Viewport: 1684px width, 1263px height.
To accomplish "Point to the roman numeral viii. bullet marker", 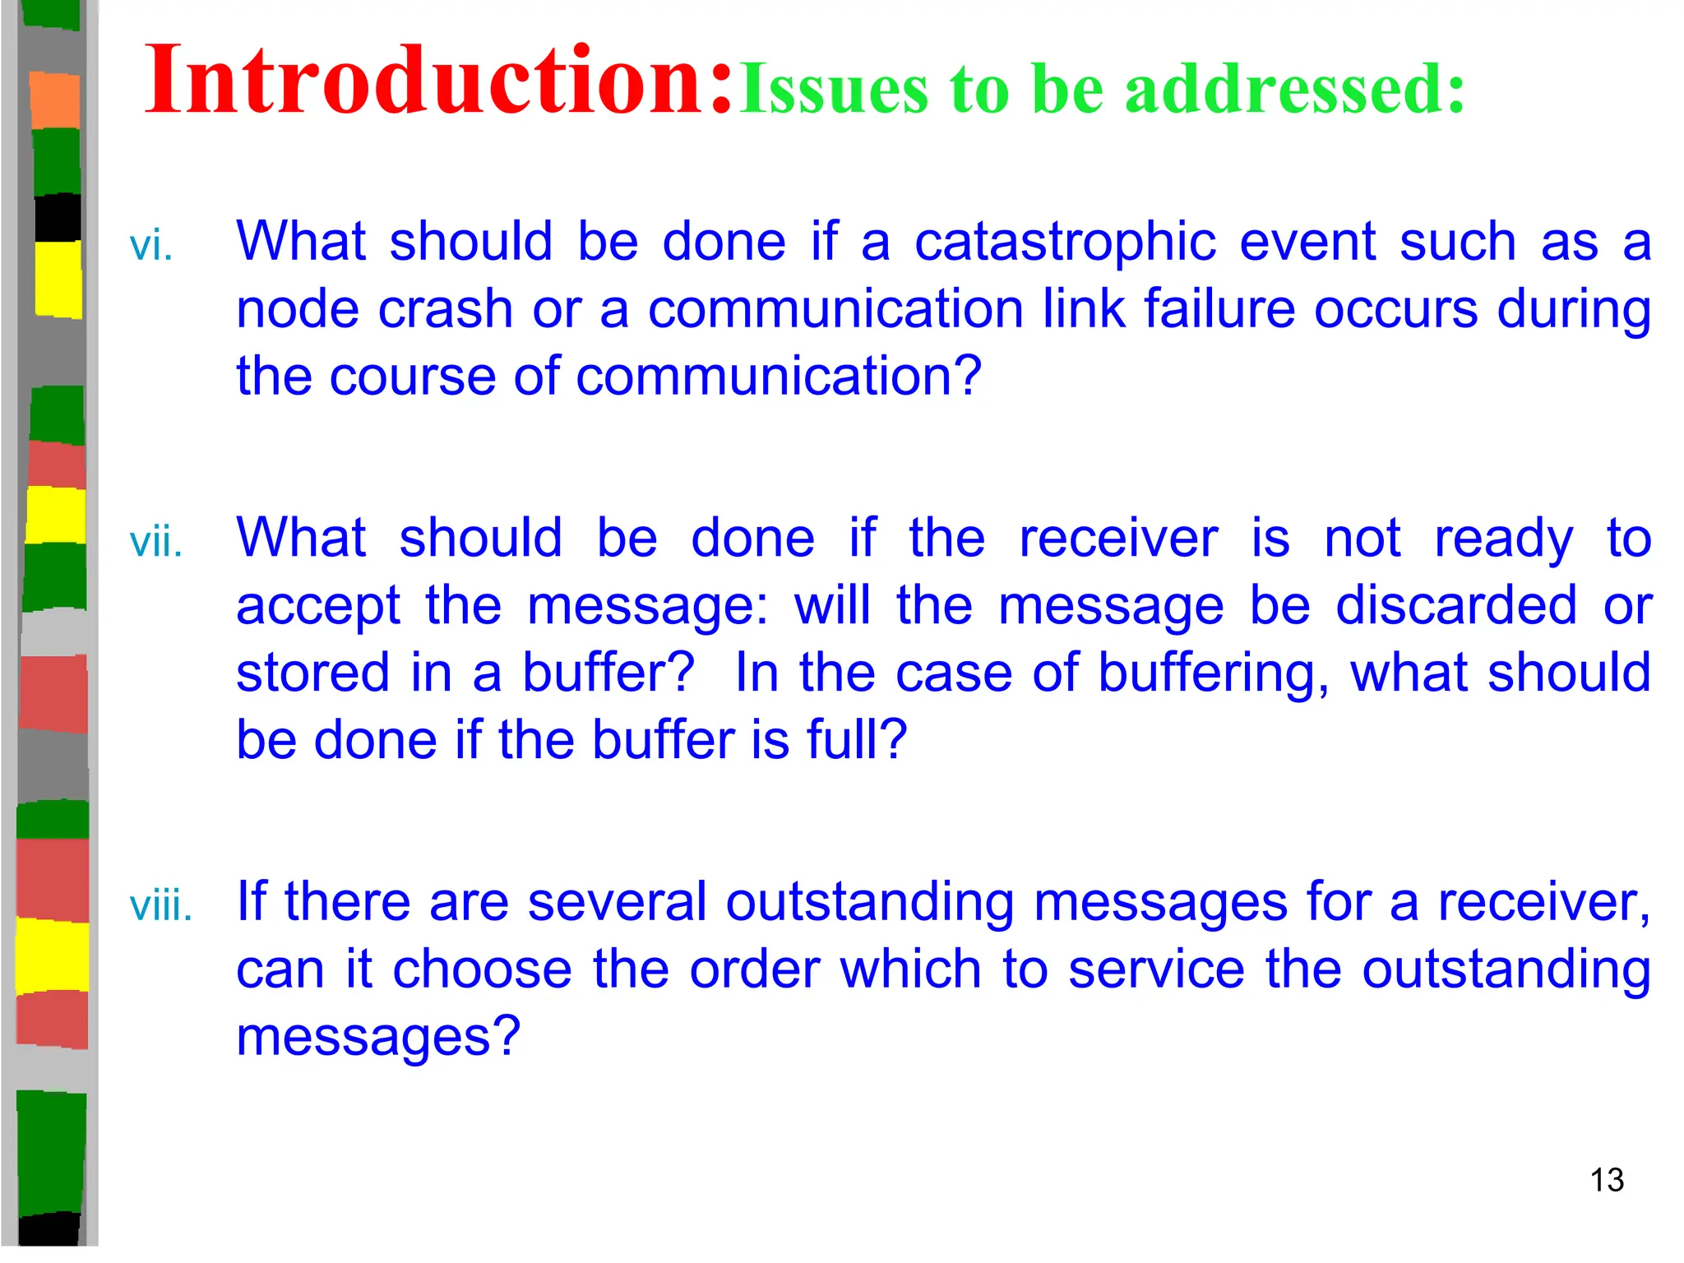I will click(161, 906).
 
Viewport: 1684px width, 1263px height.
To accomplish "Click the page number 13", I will click(1607, 1180).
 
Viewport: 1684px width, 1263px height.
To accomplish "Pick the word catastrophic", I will click(1065, 243).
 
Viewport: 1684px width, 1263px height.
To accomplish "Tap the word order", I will click(754, 969).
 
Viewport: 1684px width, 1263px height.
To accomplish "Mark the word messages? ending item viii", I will click(378, 1037).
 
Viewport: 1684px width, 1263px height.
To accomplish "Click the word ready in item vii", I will click(1503, 541).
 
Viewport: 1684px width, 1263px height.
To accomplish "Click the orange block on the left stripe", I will click(55, 100).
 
